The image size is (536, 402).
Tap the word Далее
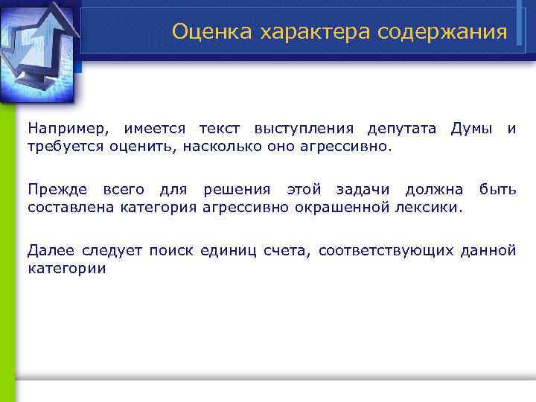point(48,250)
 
